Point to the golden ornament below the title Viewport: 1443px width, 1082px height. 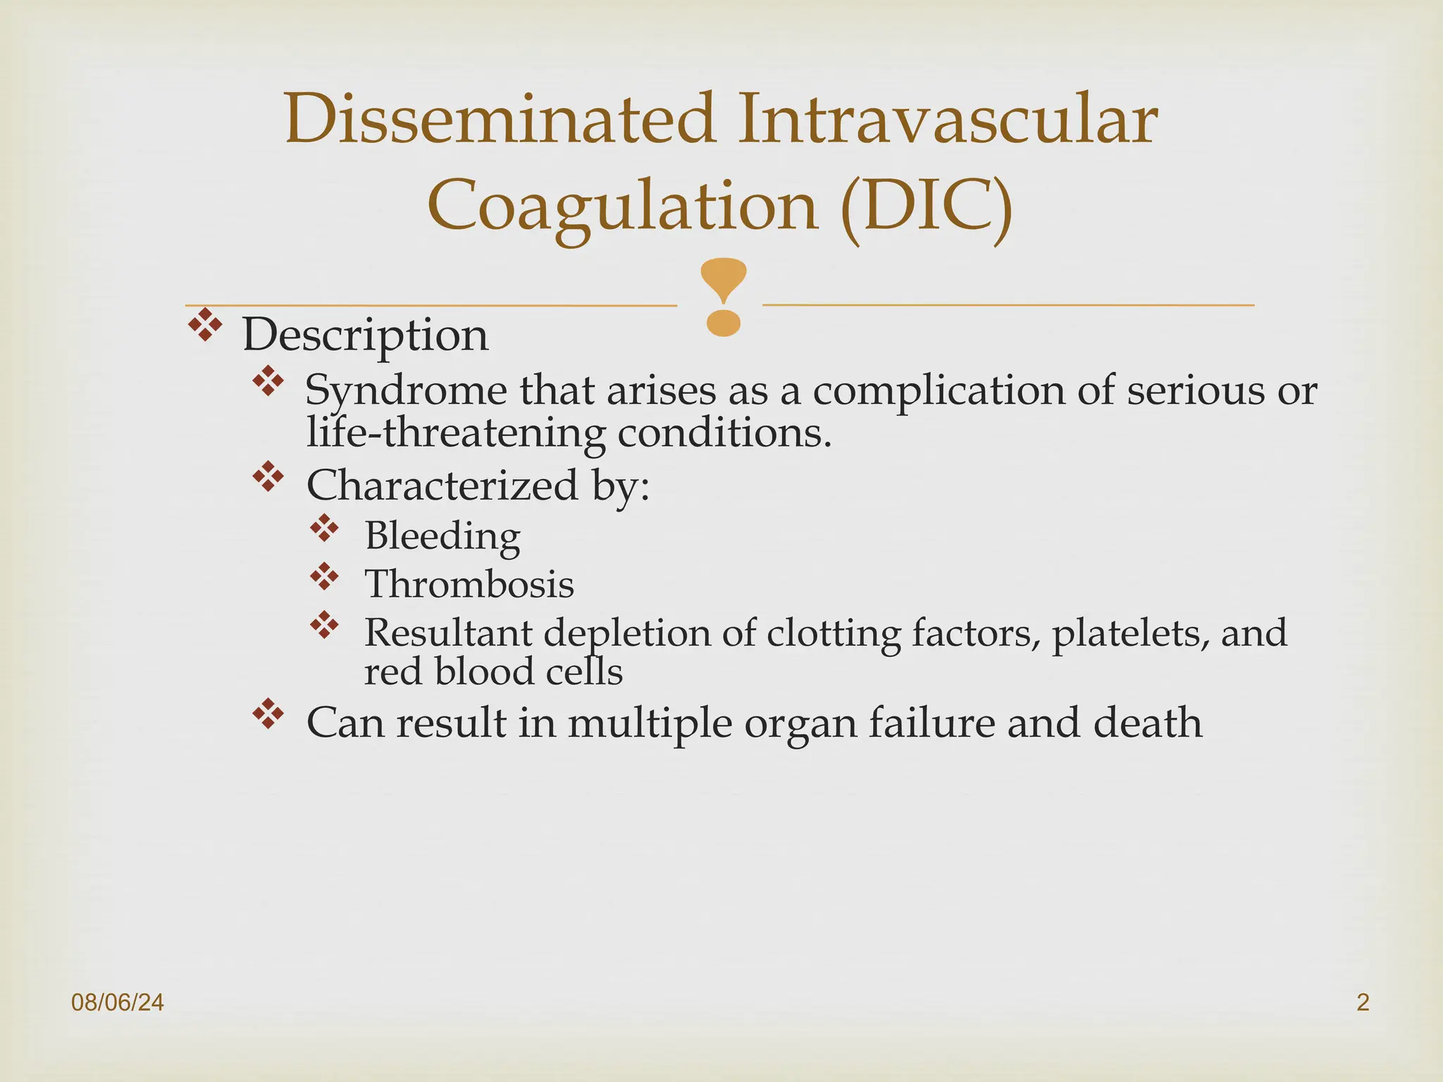coord(723,297)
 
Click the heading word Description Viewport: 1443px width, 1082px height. coord(365,335)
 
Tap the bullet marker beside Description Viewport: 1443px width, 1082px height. coord(205,325)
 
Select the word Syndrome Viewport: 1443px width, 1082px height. coord(406,391)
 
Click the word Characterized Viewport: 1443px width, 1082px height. coord(442,485)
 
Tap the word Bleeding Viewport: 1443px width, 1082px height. coord(442,537)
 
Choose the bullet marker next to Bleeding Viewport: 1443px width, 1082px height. coord(324,528)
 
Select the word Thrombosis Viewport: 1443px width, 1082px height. coord(469,585)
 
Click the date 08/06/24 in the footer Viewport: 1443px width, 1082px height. coord(118,1002)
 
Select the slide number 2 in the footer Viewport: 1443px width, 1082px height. coord(1363,1002)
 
